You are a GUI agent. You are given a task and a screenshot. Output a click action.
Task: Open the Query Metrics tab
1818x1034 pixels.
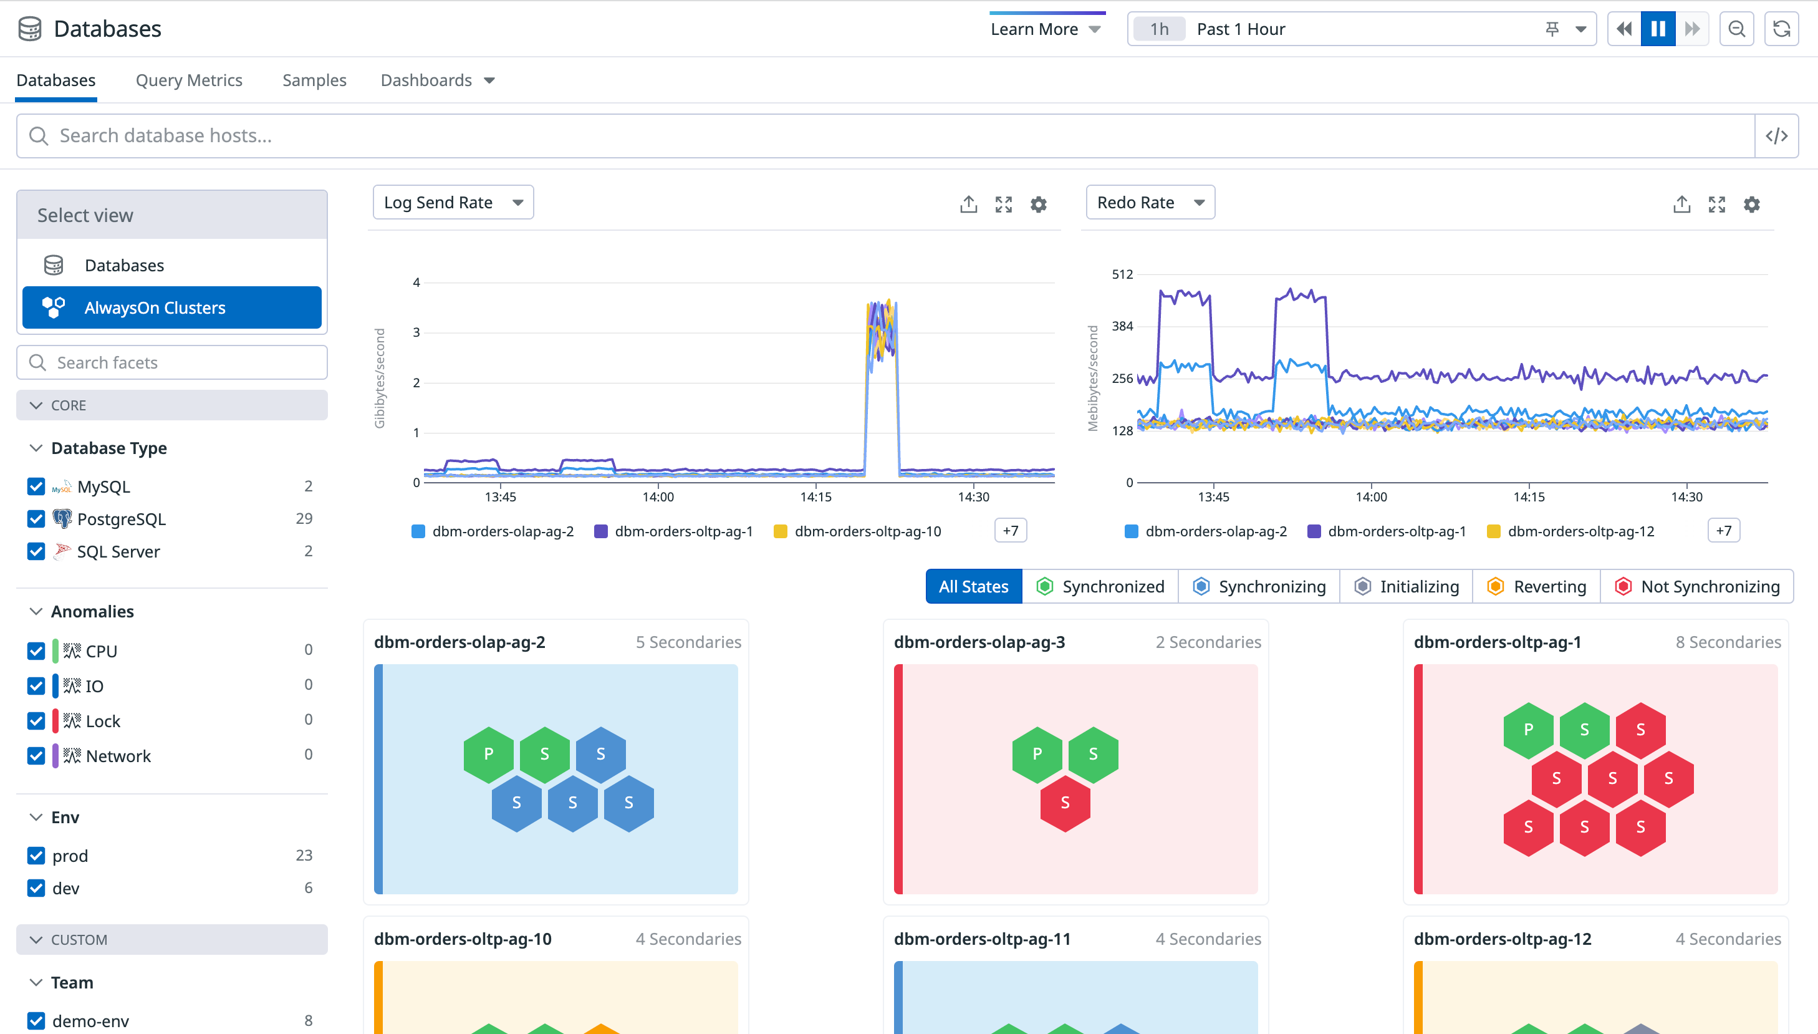189,80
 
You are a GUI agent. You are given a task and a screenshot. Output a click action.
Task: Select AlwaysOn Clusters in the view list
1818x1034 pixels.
172,307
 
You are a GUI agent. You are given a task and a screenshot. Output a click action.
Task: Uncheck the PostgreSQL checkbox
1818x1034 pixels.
36,519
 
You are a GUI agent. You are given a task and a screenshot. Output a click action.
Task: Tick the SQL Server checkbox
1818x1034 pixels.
36,552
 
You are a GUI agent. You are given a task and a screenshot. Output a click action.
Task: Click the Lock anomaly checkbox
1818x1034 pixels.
36,721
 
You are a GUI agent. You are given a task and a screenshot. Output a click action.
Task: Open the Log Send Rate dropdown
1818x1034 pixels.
453,203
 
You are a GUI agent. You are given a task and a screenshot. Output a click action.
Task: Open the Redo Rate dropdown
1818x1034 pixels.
1150,203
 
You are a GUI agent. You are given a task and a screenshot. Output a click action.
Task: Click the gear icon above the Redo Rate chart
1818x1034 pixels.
1751,205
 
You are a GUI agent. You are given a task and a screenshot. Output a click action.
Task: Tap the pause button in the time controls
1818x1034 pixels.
1658,29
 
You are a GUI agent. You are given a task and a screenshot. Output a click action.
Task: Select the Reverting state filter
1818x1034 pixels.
1536,587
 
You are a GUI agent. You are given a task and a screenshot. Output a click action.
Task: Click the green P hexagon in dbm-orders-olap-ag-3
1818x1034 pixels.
1037,754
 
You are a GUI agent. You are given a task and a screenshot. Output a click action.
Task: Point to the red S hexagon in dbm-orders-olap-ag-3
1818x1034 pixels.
1065,803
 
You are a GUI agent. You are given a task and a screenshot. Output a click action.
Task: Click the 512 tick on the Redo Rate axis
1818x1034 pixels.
1122,274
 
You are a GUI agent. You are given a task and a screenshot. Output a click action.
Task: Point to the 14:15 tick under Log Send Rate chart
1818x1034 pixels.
815,497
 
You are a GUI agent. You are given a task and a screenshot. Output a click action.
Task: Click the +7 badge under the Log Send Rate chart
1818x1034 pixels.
1010,531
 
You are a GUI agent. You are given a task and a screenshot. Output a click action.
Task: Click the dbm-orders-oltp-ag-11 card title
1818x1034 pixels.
982,939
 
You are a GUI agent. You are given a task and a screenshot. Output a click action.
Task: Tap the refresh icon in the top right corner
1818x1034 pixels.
1781,29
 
